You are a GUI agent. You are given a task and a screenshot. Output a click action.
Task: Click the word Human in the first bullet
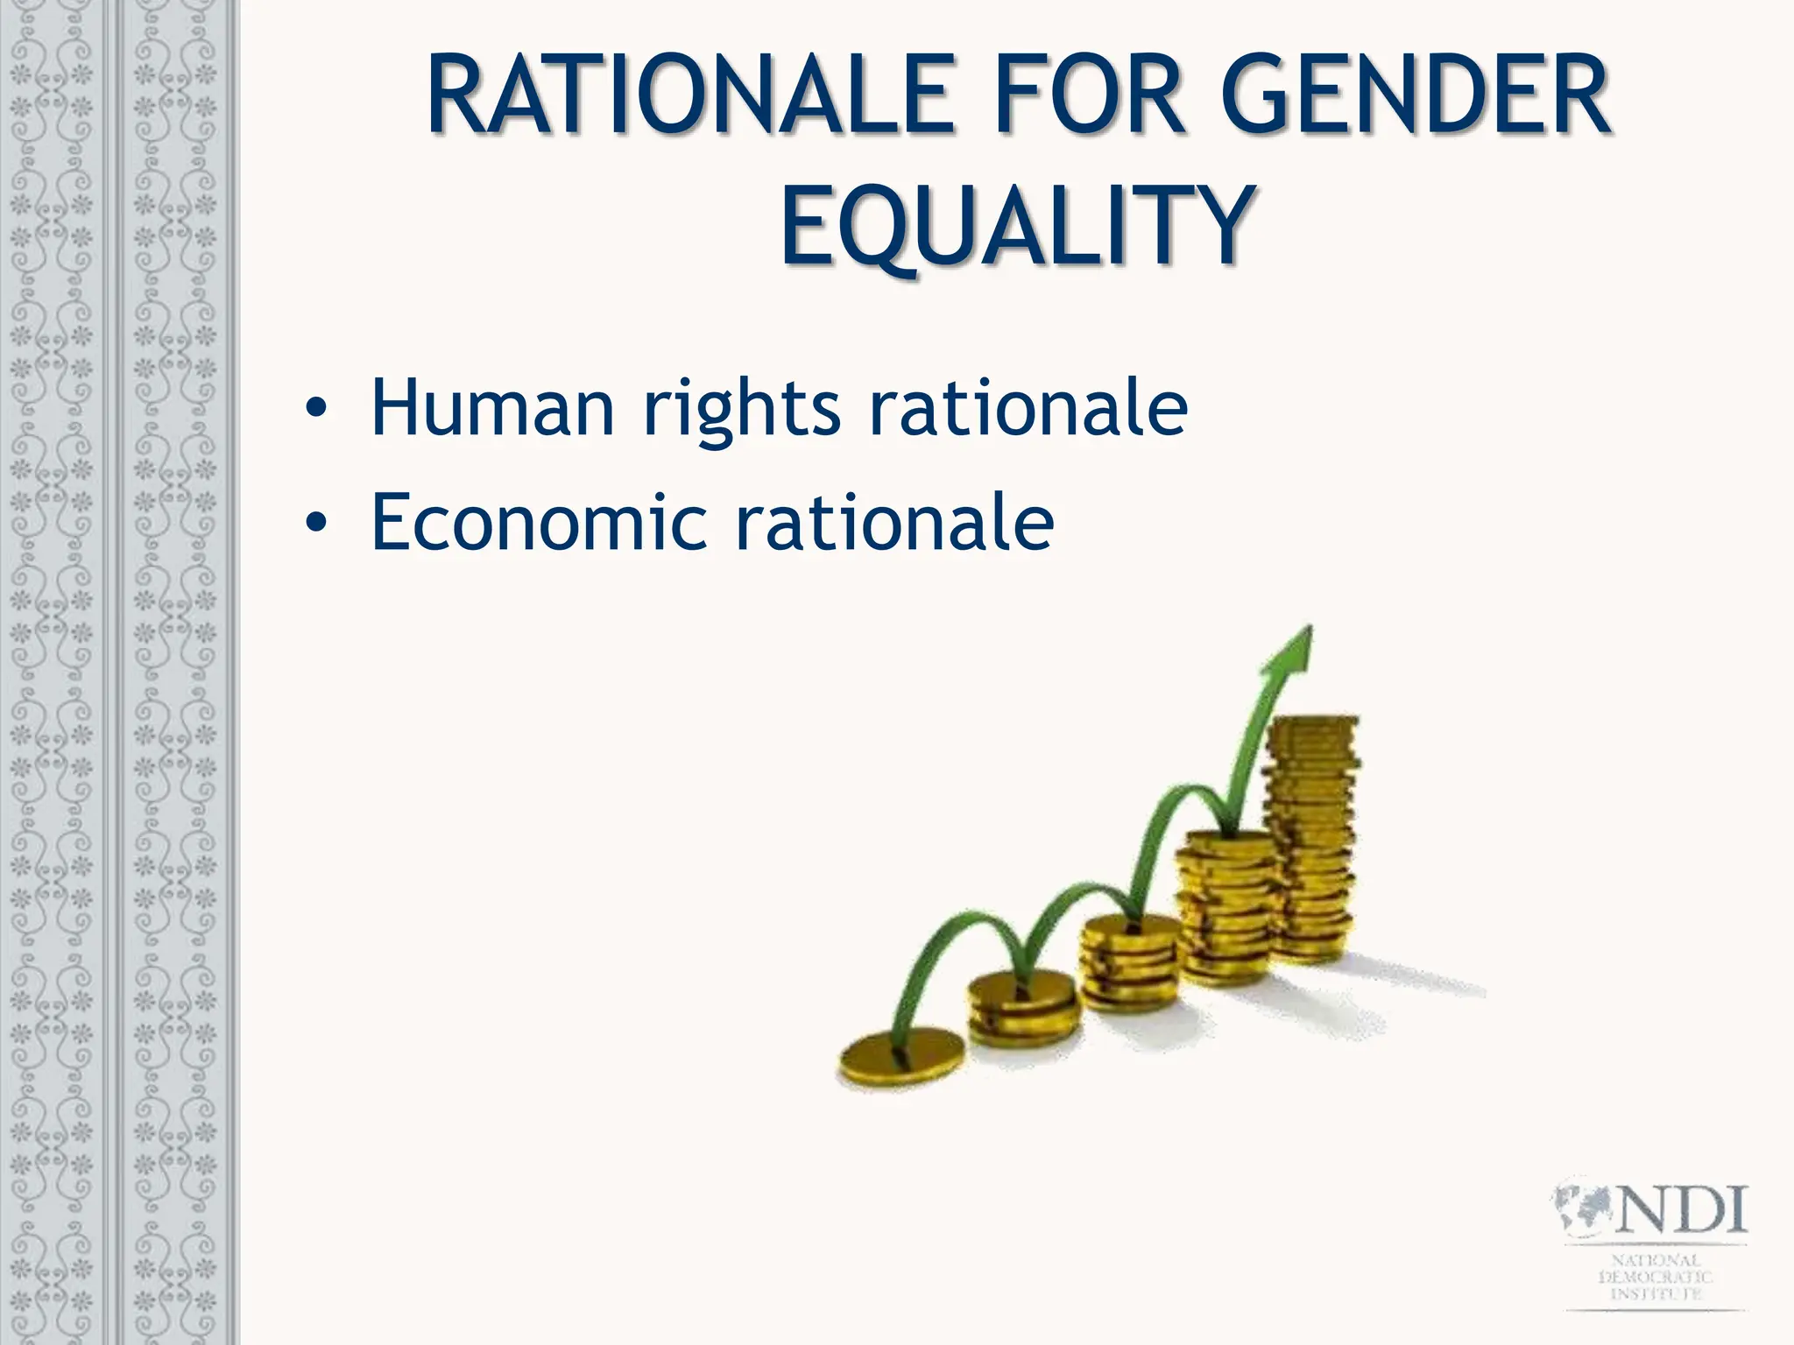click(x=492, y=407)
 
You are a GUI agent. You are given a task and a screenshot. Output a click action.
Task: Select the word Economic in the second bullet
click(x=538, y=523)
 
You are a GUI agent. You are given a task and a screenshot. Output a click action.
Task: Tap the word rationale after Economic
click(x=895, y=523)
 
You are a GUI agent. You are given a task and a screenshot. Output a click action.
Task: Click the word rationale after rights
click(x=1028, y=407)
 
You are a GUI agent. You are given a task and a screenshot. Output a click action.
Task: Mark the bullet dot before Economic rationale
click(x=316, y=524)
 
